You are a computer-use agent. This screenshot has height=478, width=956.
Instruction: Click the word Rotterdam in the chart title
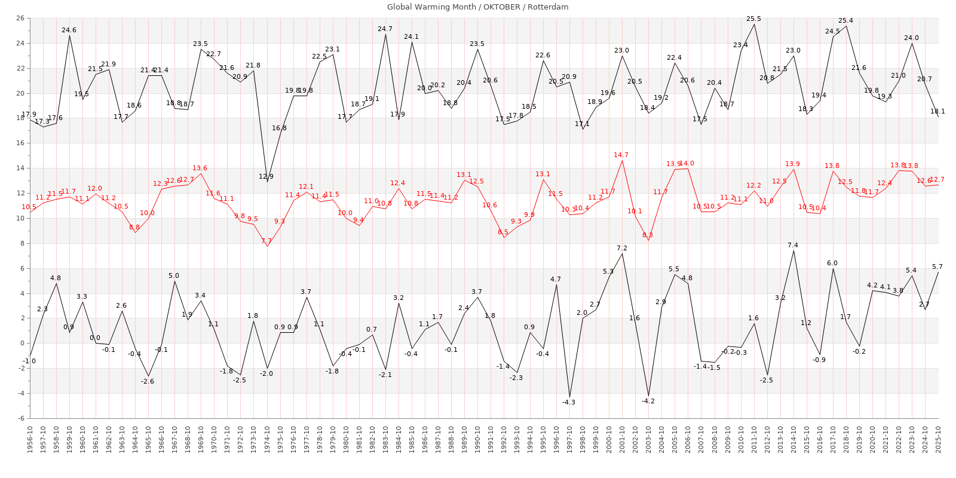point(548,7)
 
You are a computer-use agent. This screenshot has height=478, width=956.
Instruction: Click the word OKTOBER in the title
point(502,7)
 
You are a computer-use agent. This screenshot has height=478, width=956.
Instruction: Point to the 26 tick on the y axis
point(20,18)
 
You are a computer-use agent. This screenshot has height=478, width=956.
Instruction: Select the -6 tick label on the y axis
point(20,418)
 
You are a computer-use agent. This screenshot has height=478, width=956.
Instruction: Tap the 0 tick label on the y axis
point(22,343)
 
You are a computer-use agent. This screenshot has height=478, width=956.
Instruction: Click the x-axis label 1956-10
point(30,439)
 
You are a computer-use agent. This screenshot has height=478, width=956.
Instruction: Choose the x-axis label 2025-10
point(938,439)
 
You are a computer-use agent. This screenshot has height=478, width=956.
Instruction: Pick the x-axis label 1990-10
point(477,439)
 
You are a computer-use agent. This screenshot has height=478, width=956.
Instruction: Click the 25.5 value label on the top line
point(754,19)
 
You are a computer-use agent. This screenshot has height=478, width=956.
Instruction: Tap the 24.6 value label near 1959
point(69,30)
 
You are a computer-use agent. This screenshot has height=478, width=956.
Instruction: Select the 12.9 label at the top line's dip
point(266,176)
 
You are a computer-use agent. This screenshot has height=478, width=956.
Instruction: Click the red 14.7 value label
point(621,155)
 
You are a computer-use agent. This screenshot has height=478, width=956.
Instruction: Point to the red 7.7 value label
point(266,241)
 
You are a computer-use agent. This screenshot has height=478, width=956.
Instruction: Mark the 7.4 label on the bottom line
point(793,245)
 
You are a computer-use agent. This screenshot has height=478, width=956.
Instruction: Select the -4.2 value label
point(648,401)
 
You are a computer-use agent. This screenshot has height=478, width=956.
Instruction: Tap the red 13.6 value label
point(200,168)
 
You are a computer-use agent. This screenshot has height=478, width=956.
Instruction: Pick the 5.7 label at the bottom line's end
point(937,266)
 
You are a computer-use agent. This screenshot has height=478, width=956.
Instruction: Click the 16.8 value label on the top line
point(279,128)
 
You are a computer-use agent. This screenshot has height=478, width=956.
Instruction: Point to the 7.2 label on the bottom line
point(622,249)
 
